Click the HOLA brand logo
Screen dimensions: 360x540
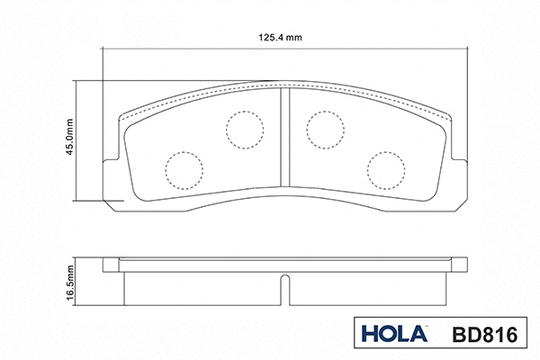click(392, 335)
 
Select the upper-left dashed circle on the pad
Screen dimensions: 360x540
click(241, 130)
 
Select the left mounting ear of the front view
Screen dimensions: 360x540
click(111, 179)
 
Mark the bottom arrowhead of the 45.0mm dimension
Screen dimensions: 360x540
click(78, 197)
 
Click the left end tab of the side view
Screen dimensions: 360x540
click(112, 265)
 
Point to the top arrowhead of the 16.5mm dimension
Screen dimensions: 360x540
click(78, 261)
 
